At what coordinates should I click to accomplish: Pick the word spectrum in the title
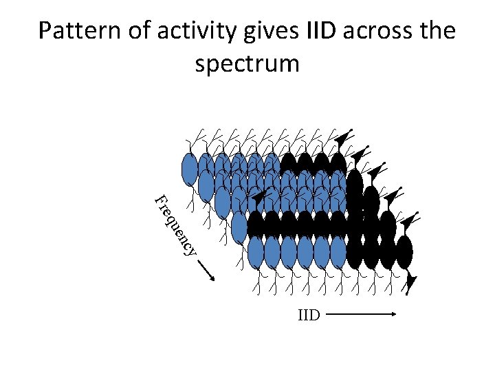click(247, 63)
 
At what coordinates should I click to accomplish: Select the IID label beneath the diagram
click(309, 316)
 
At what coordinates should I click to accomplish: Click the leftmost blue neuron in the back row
click(189, 169)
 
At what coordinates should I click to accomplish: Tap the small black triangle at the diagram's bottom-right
click(412, 282)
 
